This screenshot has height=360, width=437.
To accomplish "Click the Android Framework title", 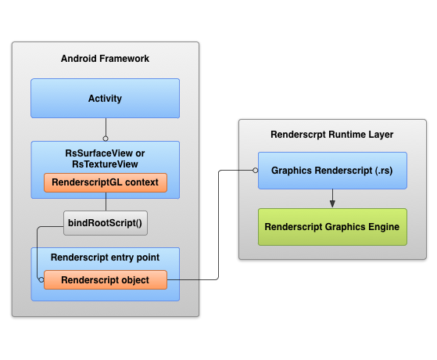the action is pos(105,59).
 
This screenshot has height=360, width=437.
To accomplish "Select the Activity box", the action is pos(105,99).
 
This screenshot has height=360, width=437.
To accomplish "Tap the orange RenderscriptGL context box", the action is pos(106,182).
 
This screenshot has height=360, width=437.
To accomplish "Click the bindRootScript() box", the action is pos(106,223).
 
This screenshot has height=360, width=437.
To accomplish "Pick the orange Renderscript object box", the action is pos(106,279).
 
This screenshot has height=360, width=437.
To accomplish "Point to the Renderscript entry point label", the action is pos(105,257).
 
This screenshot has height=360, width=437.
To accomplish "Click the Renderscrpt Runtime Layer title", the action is pos(332,135).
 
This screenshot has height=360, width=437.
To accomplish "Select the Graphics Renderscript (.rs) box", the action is pos(332,171).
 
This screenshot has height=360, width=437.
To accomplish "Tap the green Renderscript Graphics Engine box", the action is pos(332,227).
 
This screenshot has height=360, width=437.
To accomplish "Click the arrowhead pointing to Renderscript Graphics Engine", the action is pos(332,203).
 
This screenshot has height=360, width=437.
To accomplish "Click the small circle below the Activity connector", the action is pos(106,139).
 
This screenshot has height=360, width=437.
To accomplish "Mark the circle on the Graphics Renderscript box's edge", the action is pos(256,171).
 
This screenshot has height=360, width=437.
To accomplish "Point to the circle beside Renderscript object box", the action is pos(41,279).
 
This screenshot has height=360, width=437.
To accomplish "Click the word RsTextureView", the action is pos(105,164).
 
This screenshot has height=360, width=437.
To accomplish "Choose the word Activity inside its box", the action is pos(105,99).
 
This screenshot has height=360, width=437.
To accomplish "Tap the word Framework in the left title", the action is pos(124,59).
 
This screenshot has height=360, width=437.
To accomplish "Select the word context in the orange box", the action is pos(141,182).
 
